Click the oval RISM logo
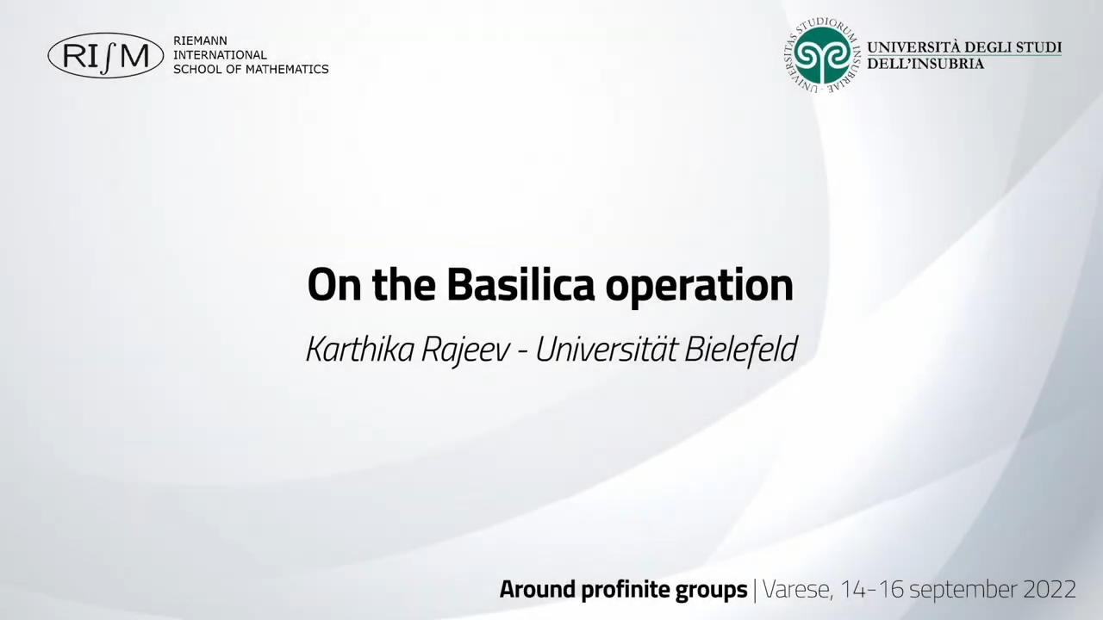tap(106, 56)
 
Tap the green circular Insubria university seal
tap(822, 56)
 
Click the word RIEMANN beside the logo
tap(201, 40)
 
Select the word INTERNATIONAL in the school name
tap(220, 54)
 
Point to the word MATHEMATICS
tap(287, 70)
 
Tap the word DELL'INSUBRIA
tap(925, 64)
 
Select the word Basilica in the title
tap(520, 284)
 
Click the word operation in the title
tap(699, 288)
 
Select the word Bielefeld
tap(740, 349)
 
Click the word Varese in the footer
tap(797, 590)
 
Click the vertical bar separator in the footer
tap(755, 591)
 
